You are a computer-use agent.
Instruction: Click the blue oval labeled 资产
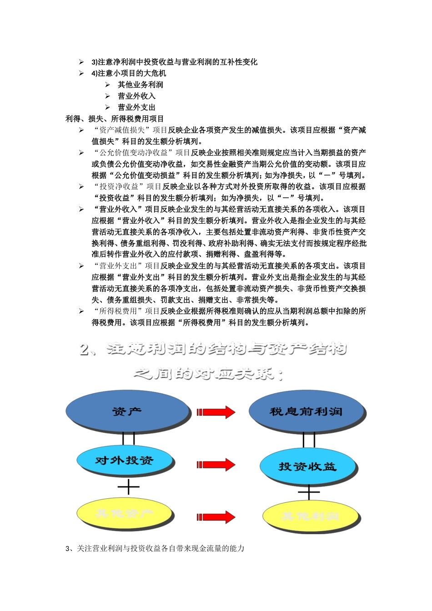(x=127, y=411)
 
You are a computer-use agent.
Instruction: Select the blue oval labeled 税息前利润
(x=306, y=411)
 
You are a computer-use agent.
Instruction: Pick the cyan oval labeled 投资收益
(x=307, y=466)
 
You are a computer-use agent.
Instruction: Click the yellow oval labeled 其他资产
(x=125, y=514)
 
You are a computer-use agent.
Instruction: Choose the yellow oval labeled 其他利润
(x=311, y=516)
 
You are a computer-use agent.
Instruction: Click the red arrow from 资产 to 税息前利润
(x=216, y=412)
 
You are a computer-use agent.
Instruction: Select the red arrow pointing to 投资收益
(x=216, y=465)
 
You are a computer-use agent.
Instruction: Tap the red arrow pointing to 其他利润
(x=216, y=517)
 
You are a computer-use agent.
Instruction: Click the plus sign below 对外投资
(x=129, y=487)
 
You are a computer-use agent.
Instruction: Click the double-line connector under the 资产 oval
(x=129, y=437)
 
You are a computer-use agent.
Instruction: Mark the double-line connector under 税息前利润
(x=309, y=440)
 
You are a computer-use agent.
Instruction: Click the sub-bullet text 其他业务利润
(x=141, y=85)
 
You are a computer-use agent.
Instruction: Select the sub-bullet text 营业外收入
(x=137, y=96)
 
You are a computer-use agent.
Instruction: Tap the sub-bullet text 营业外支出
(x=137, y=107)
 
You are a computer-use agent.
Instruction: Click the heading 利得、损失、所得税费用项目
(x=115, y=119)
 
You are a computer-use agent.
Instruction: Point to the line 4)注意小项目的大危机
(x=129, y=73)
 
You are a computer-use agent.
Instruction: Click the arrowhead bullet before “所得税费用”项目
(x=81, y=311)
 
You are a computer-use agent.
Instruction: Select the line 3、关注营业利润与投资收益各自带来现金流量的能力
(x=155, y=548)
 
